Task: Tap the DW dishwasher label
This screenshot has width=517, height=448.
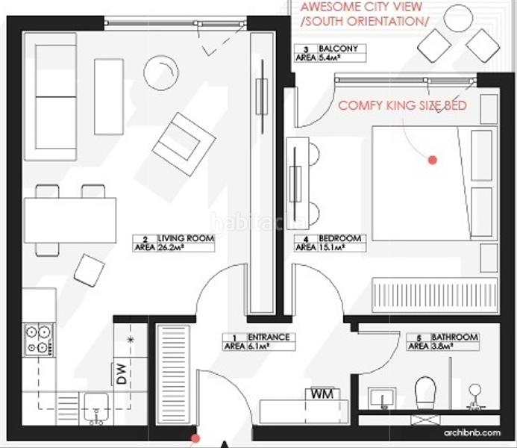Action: (x=122, y=373)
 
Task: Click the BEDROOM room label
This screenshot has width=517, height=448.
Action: (x=340, y=239)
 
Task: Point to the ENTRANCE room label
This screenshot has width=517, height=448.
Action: (x=268, y=337)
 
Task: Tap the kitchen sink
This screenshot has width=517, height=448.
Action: (x=95, y=405)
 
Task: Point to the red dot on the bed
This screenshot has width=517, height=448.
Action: (x=432, y=159)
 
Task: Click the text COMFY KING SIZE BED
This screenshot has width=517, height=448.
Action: (x=402, y=105)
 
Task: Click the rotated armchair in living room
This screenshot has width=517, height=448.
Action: (x=183, y=143)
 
